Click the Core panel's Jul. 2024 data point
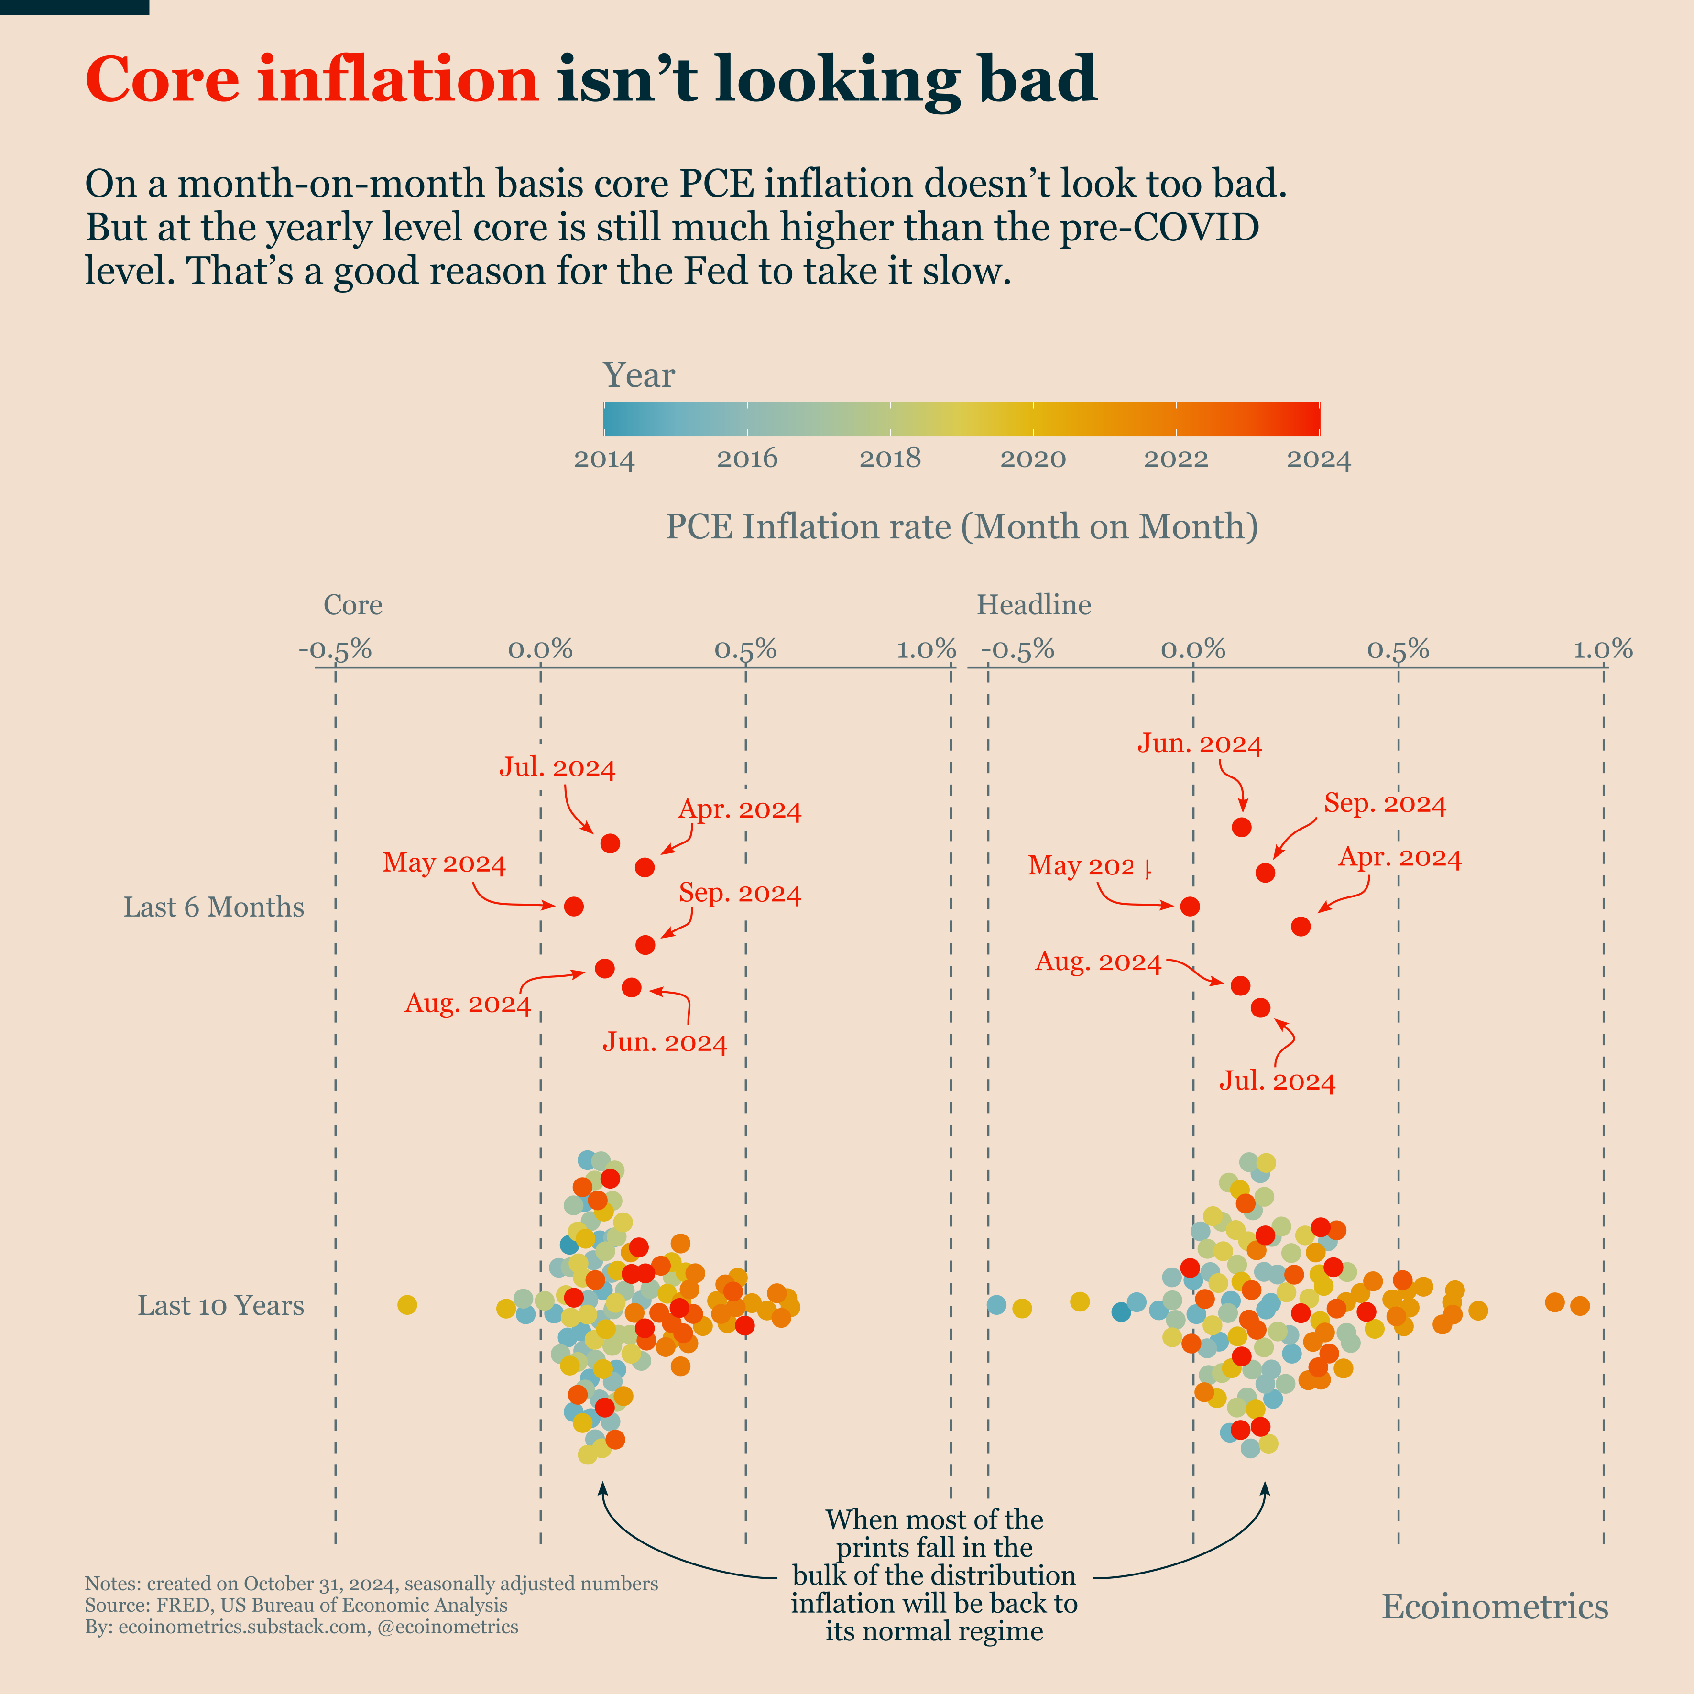(x=610, y=843)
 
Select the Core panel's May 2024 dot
(x=573, y=906)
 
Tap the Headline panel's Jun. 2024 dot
(x=1242, y=827)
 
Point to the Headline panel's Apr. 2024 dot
(x=1301, y=926)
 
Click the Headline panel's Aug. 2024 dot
(x=1240, y=985)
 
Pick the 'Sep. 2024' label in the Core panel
(x=740, y=894)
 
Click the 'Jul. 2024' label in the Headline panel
(x=1278, y=1081)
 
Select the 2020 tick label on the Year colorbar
(x=1033, y=459)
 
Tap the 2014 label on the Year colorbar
(x=604, y=459)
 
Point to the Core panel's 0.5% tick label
(x=745, y=650)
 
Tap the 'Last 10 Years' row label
(x=221, y=1306)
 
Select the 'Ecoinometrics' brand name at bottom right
(x=1495, y=1607)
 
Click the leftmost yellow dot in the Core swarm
(x=407, y=1305)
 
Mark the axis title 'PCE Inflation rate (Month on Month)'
(x=962, y=526)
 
